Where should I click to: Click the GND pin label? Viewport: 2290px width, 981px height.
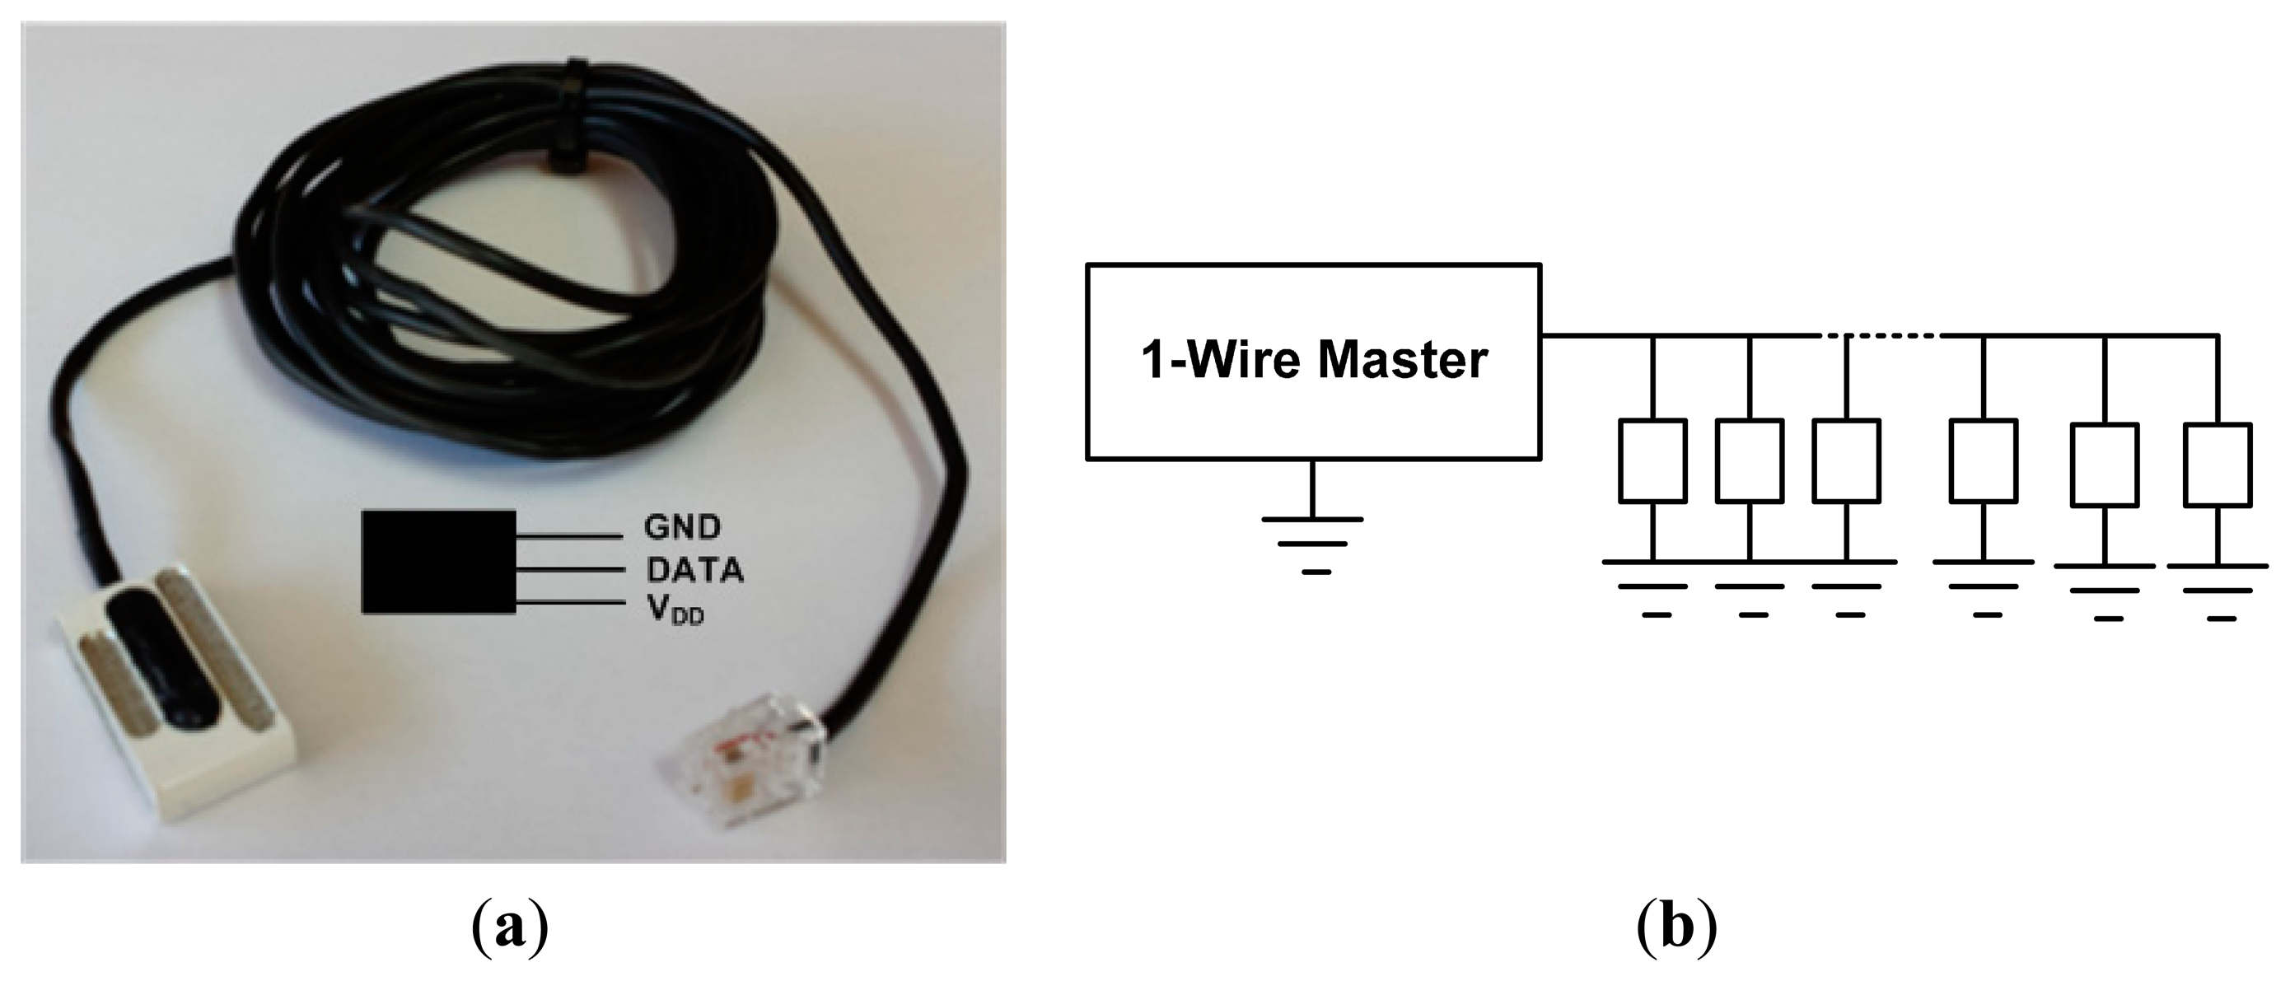[x=682, y=527]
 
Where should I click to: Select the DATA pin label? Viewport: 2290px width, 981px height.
[x=694, y=570]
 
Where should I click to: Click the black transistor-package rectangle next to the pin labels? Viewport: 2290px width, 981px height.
[x=438, y=562]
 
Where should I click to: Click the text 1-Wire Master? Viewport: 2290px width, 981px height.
[x=1314, y=361]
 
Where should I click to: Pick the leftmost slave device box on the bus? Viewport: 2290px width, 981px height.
[x=1652, y=461]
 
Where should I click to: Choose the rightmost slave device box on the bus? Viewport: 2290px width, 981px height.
[x=2218, y=465]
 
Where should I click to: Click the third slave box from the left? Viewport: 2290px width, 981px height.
[x=1846, y=461]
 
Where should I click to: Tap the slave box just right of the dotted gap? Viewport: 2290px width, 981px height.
[x=1984, y=461]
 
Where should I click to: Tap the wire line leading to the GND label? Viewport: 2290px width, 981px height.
[x=569, y=536]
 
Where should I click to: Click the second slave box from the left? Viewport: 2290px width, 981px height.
[x=1750, y=461]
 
